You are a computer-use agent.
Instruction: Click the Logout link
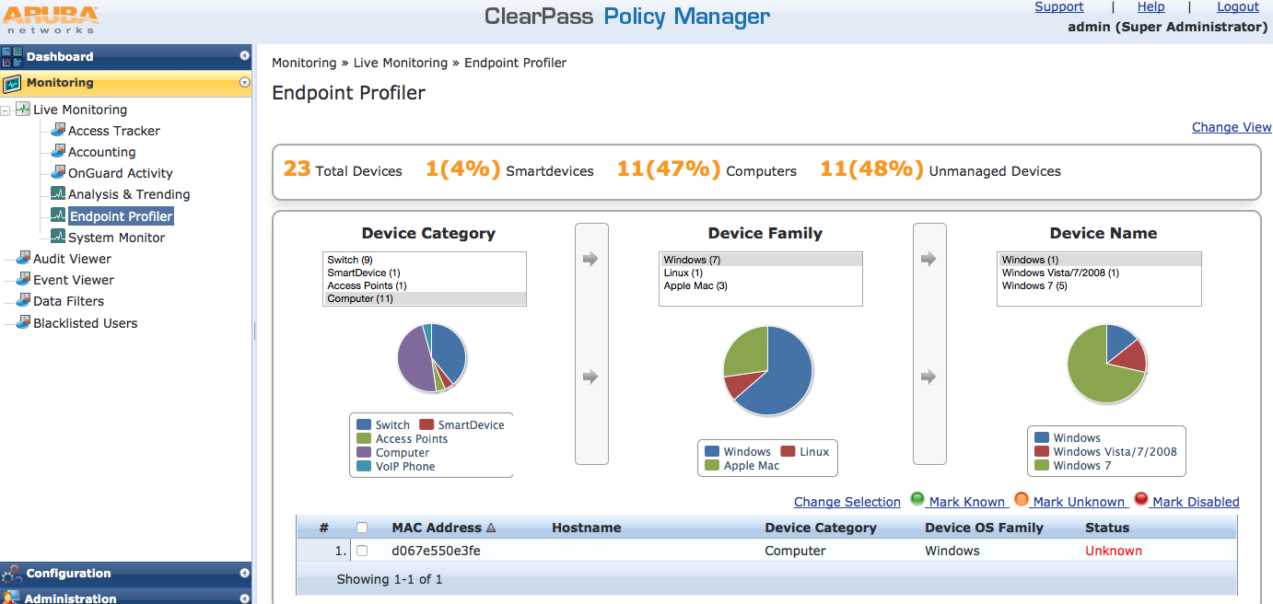(1237, 7)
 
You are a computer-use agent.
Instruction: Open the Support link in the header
(1058, 7)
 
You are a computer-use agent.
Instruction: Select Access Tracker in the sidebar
(113, 131)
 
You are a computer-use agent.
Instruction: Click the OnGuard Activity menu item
(120, 173)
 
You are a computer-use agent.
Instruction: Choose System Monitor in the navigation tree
(116, 238)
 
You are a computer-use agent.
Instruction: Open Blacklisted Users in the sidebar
(85, 323)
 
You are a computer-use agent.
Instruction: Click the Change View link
(1231, 127)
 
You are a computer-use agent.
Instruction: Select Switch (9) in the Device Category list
(350, 261)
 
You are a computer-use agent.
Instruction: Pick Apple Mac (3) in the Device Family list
(695, 286)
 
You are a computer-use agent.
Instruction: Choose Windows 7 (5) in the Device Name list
(1034, 286)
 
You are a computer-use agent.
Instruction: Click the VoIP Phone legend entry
(404, 467)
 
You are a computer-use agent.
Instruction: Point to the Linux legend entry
(813, 452)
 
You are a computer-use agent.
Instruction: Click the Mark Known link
(965, 502)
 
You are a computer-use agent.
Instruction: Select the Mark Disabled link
(1195, 502)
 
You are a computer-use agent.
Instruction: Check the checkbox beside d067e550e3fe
(362, 551)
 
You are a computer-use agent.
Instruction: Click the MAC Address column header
(437, 528)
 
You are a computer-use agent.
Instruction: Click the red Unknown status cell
(1113, 551)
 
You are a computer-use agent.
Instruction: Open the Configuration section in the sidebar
(68, 573)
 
